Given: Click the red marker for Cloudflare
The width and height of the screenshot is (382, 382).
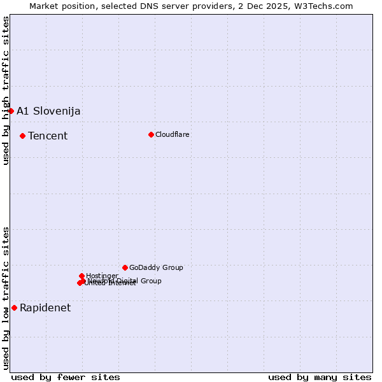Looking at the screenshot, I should [151, 134].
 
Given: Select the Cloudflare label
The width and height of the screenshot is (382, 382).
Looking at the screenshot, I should [173, 134].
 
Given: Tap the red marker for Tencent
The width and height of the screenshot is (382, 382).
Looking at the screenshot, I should [22, 136].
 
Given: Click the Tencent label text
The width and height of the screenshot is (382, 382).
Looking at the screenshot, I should [48, 136].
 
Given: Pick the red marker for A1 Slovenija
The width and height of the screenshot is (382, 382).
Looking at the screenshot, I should [11, 111].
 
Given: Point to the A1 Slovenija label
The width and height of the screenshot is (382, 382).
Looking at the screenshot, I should [48, 111].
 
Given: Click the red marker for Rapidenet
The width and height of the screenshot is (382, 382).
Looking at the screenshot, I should [14, 308].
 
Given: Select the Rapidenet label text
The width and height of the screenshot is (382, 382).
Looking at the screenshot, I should [45, 308].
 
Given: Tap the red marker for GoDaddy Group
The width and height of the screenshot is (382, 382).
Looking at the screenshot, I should [125, 267].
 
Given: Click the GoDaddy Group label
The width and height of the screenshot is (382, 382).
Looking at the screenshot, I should [156, 267].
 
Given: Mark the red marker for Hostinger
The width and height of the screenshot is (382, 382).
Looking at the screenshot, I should [81, 276].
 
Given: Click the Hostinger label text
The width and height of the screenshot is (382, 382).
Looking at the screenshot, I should [102, 276].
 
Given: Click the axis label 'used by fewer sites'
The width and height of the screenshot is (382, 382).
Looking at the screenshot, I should [66, 377].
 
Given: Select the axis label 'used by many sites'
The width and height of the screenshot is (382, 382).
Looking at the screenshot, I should [320, 377].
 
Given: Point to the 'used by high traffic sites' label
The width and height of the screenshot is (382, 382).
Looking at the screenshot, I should [6, 90].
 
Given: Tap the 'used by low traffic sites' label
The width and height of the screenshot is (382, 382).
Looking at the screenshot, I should [6, 298].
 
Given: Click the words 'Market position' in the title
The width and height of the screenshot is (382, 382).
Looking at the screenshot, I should [60, 6].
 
